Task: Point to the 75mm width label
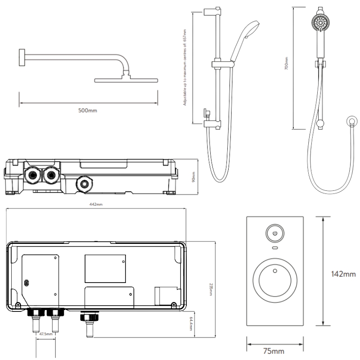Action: pyautogui.click(x=274, y=351)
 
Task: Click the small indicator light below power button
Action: pyautogui.click(x=274, y=248)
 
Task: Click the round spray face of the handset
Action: pyautogui.click(x=320, y=22)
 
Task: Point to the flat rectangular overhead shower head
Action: pyautogui.click(x=126, y=80)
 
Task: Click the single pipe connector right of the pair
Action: pyautogui.click(x=87, y=320)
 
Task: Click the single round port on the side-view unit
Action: pyautogui.click(x=84, y=183)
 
